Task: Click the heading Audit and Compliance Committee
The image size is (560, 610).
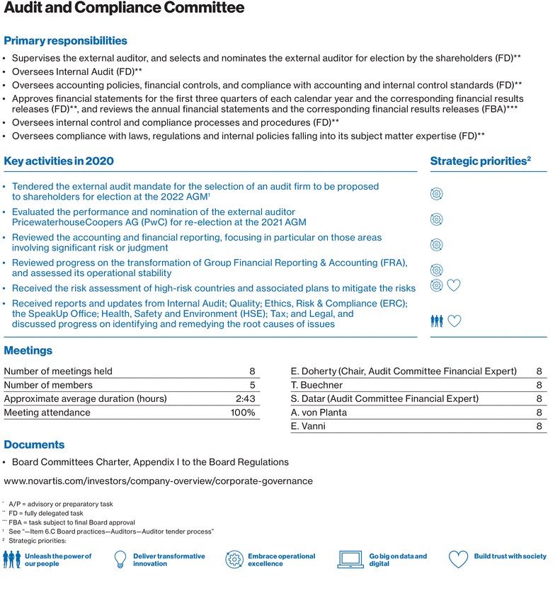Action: click(124, 9)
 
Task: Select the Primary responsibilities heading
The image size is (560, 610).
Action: click(66, 40)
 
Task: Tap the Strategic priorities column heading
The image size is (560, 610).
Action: click(480, 161)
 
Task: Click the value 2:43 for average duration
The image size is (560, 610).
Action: click(245, 398)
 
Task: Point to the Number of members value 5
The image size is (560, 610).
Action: click(252, 385)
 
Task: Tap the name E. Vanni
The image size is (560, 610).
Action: click(309, 426)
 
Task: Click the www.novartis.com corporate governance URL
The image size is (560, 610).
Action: click(158, 480)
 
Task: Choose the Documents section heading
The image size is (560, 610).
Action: click(34, 444)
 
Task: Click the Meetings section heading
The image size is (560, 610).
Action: click(28, 350)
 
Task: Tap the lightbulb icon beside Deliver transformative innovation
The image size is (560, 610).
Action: click(120, 559)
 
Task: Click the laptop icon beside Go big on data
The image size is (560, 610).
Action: click(350, 560)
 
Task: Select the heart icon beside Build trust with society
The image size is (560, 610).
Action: click(459, 559)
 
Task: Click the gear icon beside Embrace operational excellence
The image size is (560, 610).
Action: click(234, 560)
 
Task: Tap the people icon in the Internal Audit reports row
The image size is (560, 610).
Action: click(437, 321)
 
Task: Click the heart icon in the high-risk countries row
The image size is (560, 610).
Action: click(455, 285)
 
